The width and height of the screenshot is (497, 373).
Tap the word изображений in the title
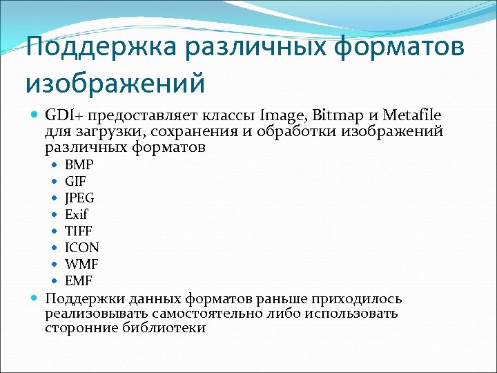click(115, 84)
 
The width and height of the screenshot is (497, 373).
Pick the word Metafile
click(413, 115)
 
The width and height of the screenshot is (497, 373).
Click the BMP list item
click(79, 165)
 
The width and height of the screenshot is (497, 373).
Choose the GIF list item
click(75, 182)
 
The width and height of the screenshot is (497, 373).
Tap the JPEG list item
click(79, 198)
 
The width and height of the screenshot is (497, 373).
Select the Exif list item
click(77, 215)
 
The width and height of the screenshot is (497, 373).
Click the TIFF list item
click(78, 231)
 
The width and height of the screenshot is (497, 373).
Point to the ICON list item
click(81, 248)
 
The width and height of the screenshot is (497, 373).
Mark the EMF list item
click(79, 281)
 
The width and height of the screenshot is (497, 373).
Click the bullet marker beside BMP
click(55, 165)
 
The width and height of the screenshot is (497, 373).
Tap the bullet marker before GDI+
click(35, 115)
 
